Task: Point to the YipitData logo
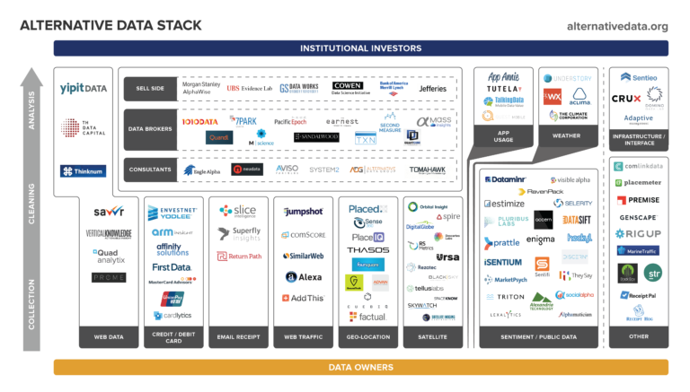tap(84, 88)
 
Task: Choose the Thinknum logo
tap(84, 170)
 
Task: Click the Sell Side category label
tap(149, 89)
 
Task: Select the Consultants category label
tap(149, 169)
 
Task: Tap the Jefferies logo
tap(431, 89)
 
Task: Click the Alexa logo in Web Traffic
tap(304, 277)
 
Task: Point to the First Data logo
tap(172, 266)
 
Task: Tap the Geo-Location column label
tap(368, 338)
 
